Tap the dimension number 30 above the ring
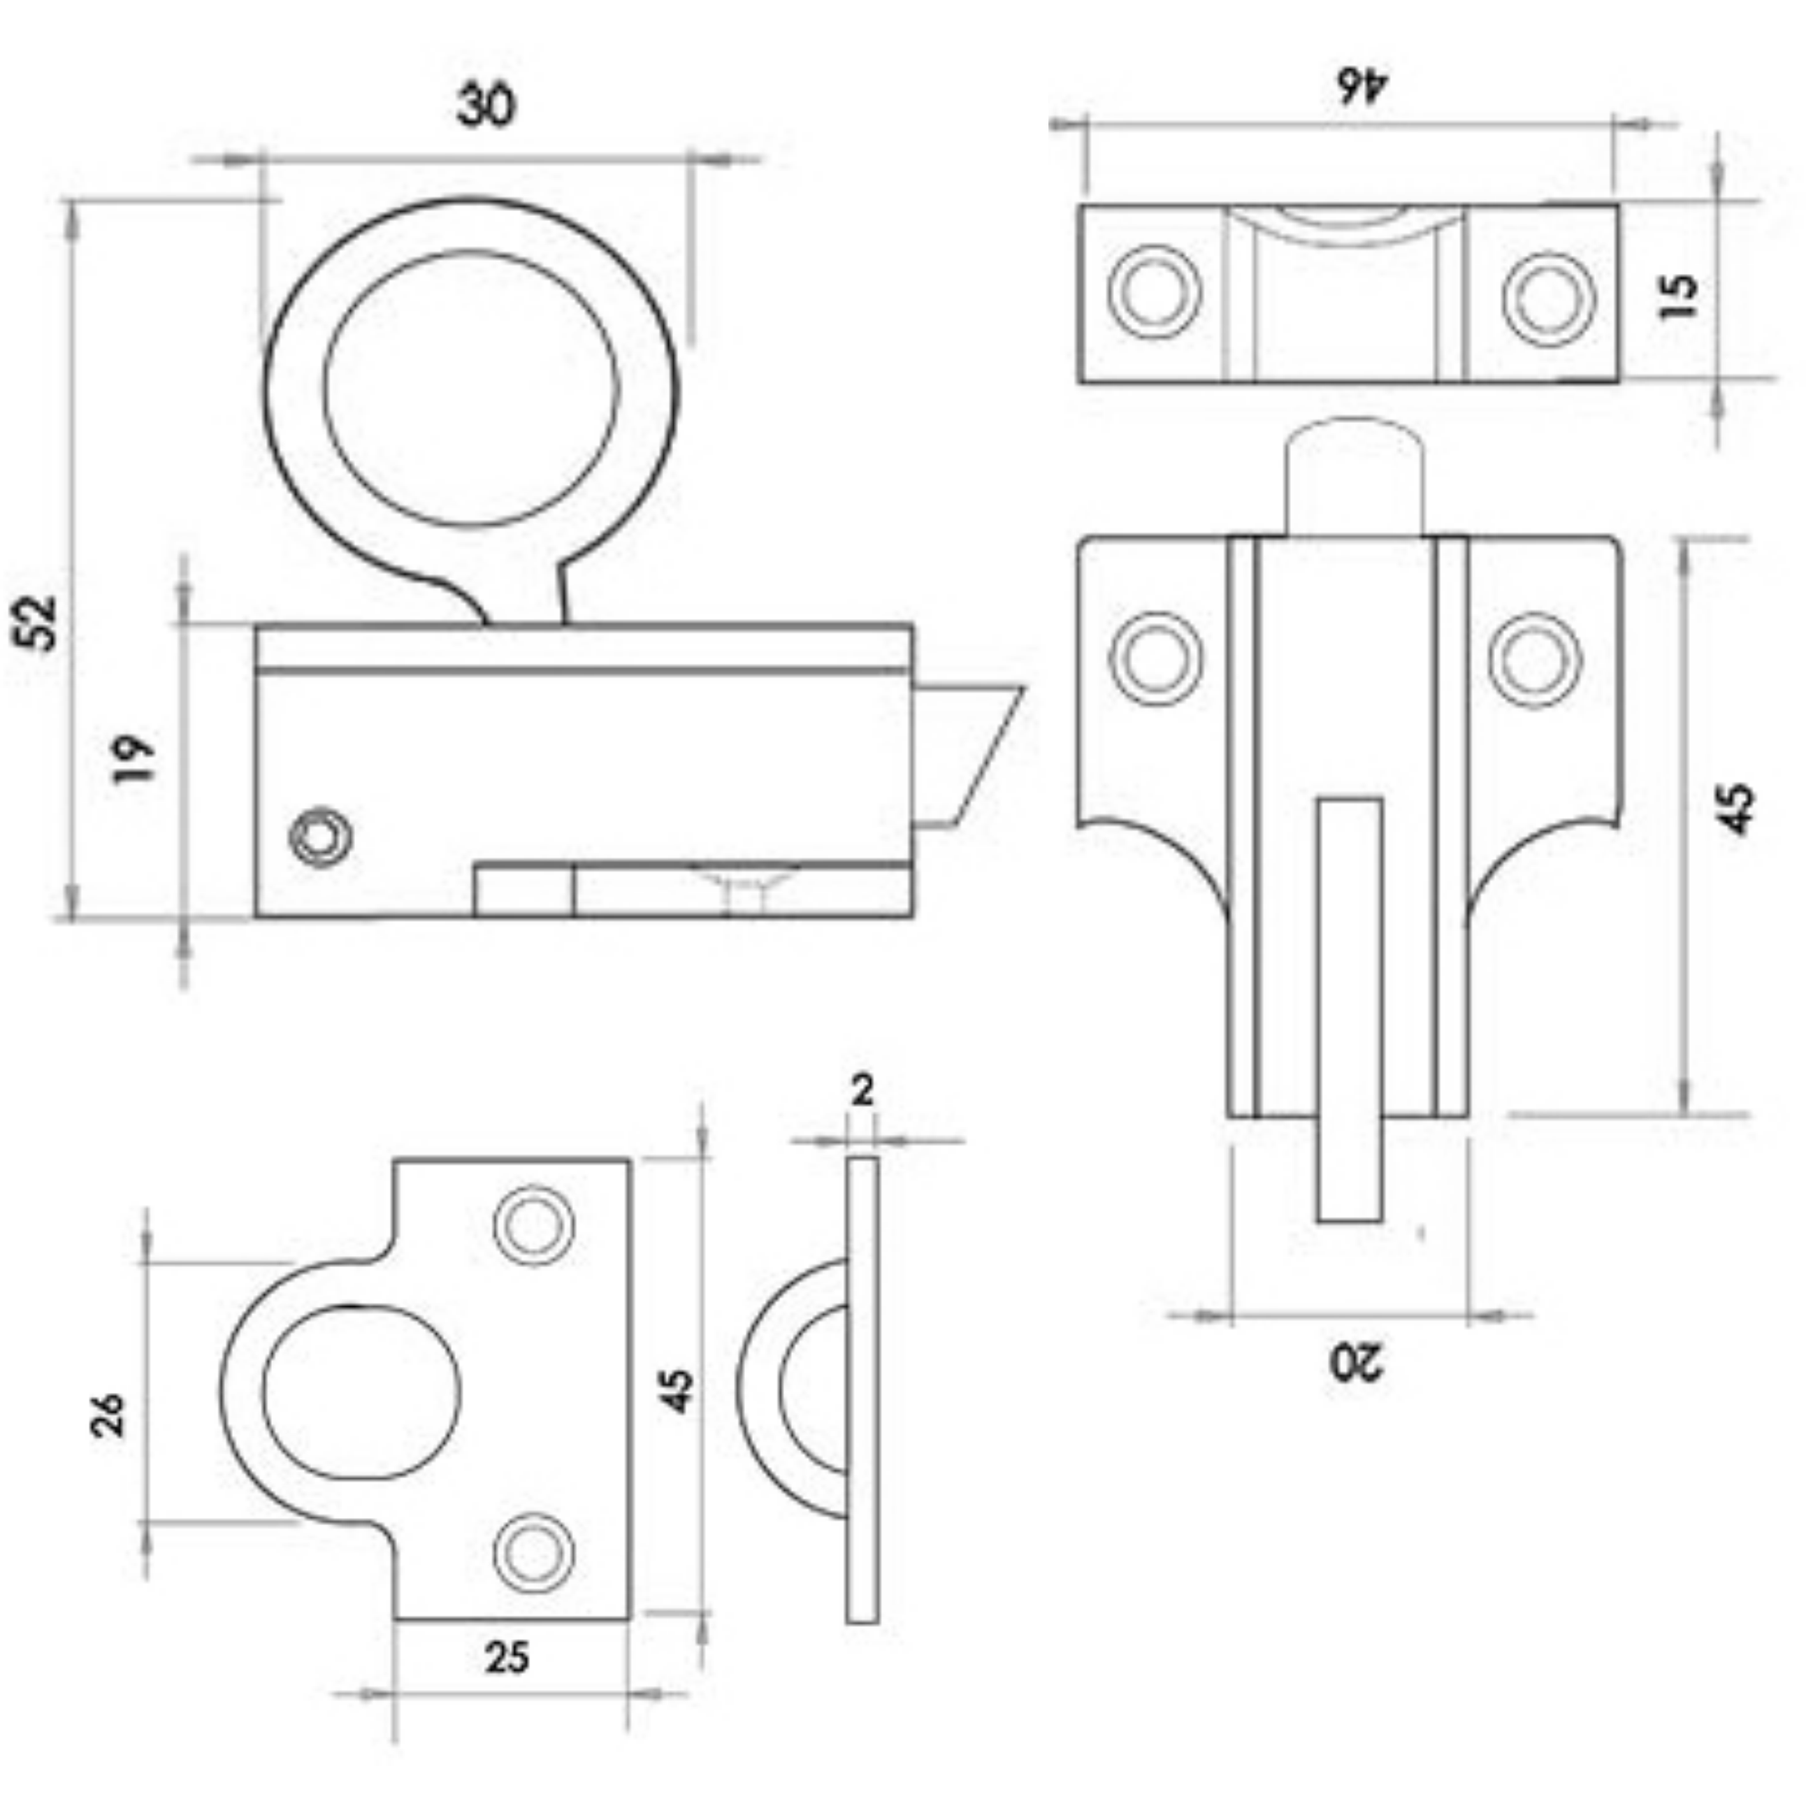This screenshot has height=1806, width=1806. click(485, 105)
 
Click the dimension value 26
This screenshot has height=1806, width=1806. click(108, 1415)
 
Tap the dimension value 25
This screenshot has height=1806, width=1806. click(507, 1657)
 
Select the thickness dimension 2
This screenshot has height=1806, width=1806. click(862, 1090)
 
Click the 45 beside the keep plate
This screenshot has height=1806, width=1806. click(679, 1390)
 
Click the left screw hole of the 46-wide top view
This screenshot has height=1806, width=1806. click(1155, 291)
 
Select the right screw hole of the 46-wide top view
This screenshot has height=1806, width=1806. click(1549, 299)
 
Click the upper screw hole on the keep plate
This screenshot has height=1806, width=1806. click(533, 1225)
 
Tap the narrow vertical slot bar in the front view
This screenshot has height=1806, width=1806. click(1349, 1009)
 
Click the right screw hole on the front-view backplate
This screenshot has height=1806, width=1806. click(1534, 659)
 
